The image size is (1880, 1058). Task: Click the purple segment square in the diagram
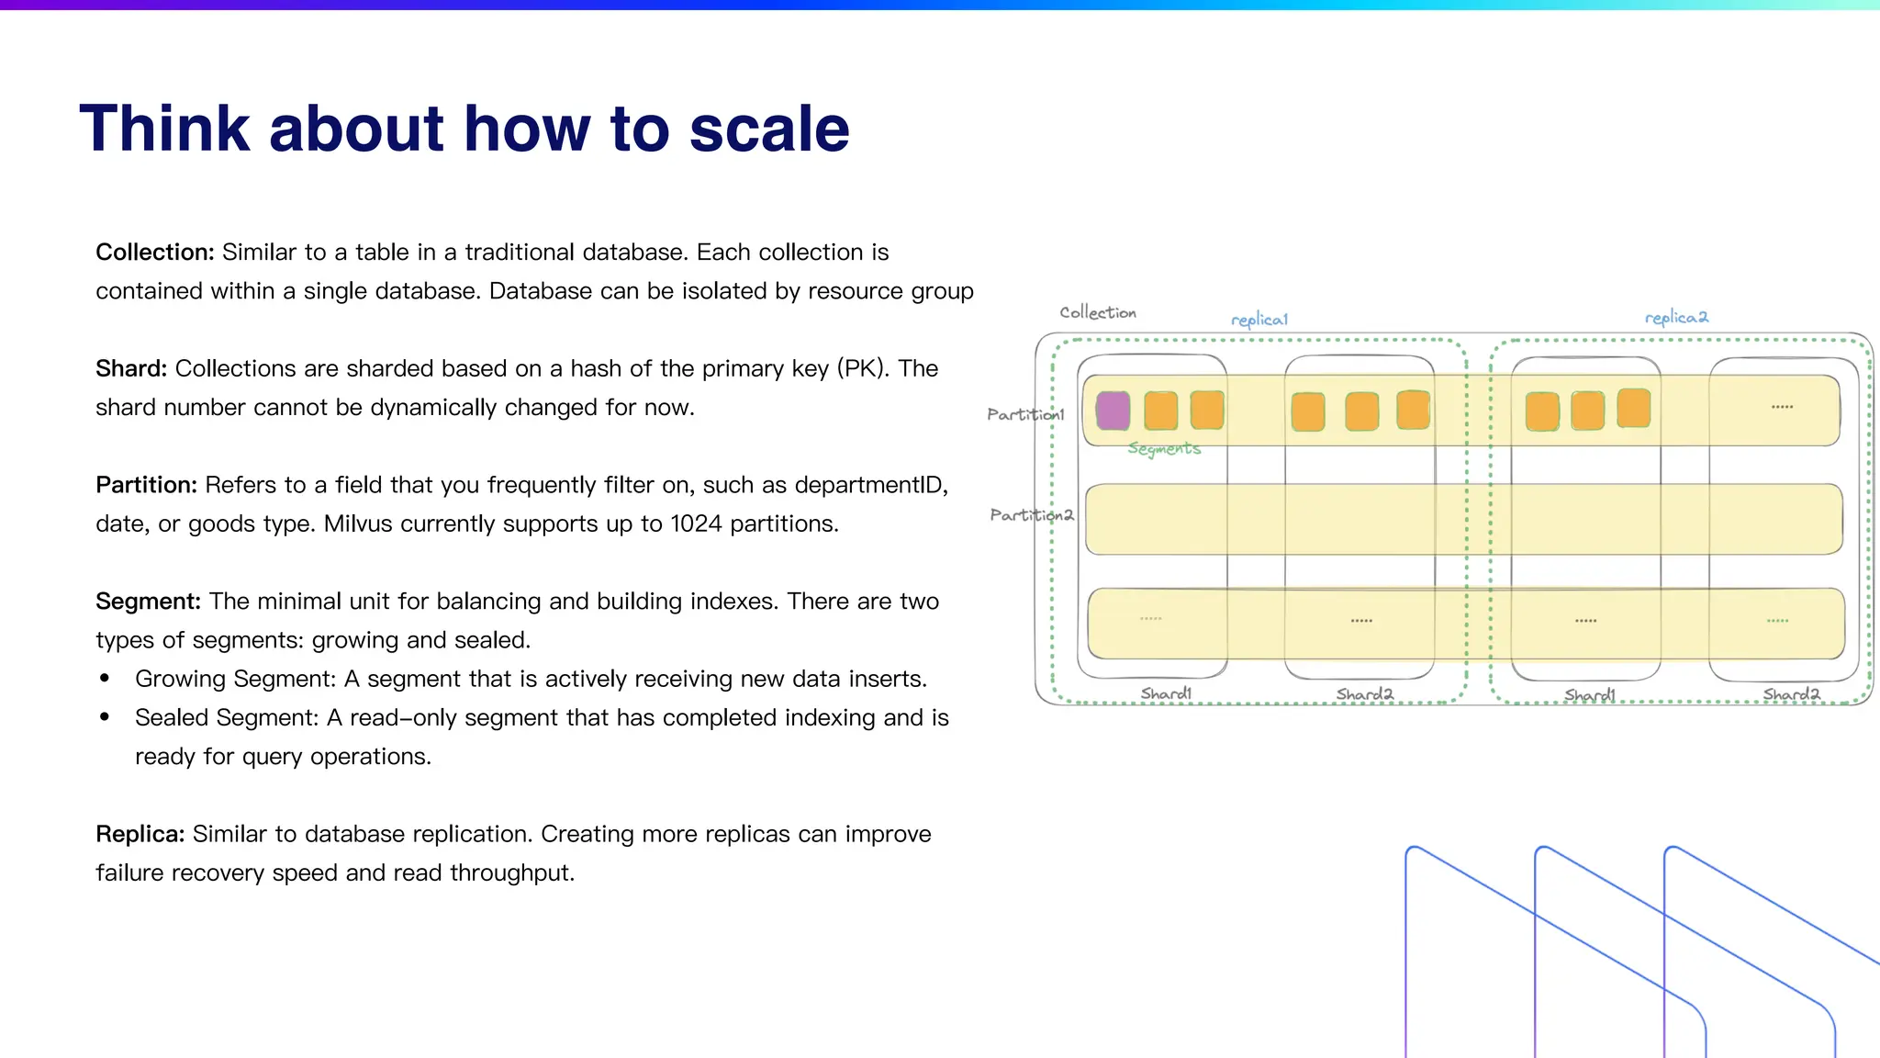(1113, 411)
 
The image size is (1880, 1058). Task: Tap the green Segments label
(1164, 448)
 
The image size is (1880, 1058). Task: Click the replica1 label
(1259, 320)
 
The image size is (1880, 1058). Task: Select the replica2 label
(1676, 318)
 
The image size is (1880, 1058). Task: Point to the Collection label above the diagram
(1098, 312)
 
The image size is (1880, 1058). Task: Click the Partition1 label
(1025, 414)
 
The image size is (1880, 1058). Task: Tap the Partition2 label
(1031, 515)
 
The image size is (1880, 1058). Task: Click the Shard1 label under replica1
(1166, 693)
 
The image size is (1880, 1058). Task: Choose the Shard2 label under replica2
(1791, 694)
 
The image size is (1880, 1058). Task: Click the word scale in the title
(769, 129)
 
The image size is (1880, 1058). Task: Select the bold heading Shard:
(131, 368)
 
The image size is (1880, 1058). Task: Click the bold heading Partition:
(146, 485)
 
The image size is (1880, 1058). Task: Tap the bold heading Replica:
(140, 834)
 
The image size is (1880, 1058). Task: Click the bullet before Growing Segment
(105, 679)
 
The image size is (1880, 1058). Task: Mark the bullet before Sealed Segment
(105, 717)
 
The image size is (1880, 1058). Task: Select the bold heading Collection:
(154, 252)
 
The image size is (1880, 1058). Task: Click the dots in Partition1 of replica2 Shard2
(1782, 407)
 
